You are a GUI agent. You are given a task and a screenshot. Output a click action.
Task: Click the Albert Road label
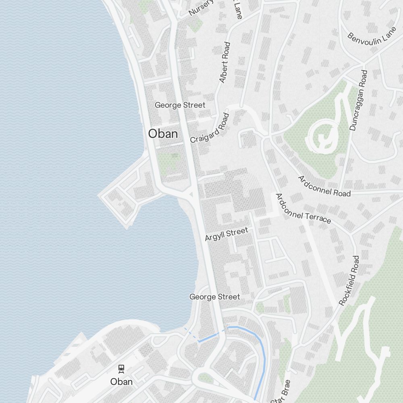point(224,62)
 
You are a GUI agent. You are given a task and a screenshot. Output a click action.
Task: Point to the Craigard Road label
point(210,128)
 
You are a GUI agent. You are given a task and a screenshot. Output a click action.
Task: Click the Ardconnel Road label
point(324,186)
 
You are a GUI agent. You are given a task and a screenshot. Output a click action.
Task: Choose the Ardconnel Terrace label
point(303,208)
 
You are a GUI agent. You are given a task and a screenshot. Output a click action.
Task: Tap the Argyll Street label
point(226,234)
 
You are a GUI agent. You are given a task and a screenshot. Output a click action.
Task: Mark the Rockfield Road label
point(349,280)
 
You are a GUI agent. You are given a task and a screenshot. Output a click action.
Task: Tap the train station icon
point(121,368)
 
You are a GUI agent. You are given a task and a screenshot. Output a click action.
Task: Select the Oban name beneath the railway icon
point(121,381)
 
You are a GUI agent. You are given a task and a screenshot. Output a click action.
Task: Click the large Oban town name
point(163,134)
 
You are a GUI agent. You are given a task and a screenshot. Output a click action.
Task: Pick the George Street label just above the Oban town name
point(180,105)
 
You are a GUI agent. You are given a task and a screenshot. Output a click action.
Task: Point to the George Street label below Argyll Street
point(215,297)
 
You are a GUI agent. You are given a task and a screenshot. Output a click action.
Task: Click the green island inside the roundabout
point(205,378)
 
